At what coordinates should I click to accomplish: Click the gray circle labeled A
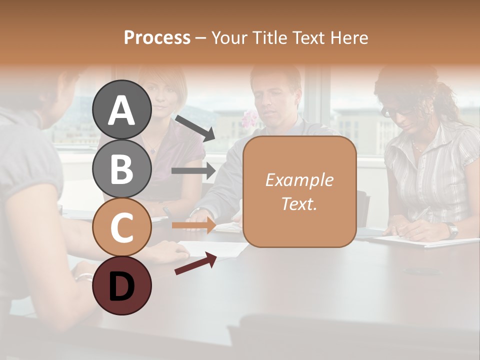tap(122, 110)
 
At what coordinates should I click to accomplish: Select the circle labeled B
tap(122, 169)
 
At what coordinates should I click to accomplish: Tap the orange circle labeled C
tap(122, 227)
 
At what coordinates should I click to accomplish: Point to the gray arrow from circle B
tap(193, 171)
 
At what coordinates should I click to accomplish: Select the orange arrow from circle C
tap(193, 225)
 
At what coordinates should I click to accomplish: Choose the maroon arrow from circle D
tap(195, 263)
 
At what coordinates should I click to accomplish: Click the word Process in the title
tap(157, 37)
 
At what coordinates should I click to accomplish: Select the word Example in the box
tap(299, 180)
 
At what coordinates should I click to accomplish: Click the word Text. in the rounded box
tap(299, 203)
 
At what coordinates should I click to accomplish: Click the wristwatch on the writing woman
tap(452, 230)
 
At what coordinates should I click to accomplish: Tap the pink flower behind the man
tap(248, 118)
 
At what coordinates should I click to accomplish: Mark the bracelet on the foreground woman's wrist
tap(83, 276)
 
